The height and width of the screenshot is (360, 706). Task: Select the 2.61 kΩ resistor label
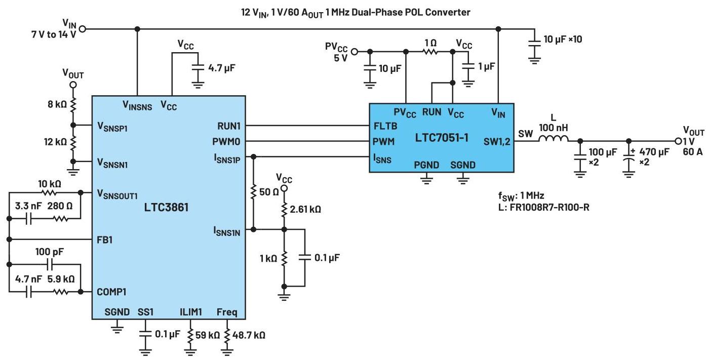click(305, 209)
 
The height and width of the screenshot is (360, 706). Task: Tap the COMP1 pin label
click(111, 292)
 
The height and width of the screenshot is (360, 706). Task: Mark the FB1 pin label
click(105, 239)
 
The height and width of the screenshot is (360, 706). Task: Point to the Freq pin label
click(226, 311)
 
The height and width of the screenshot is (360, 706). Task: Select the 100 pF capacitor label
click(49, 251)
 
